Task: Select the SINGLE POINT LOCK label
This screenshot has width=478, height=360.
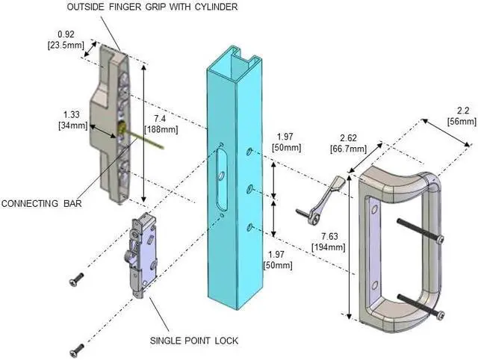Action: click(193, 340)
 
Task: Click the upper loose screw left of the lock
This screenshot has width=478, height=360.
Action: click(75, 279)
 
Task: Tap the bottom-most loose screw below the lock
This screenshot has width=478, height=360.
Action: click(76, 348)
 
